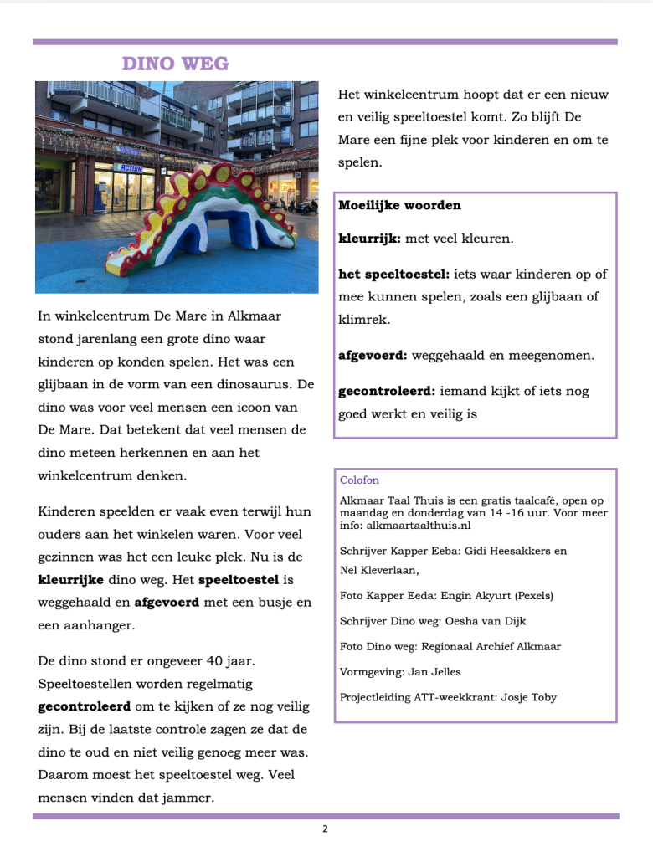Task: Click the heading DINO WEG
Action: click(175, 64)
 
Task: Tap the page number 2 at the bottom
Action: click(325, 829)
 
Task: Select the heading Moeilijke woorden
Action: click(399, 205)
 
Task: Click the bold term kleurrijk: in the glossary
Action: click(369, 239)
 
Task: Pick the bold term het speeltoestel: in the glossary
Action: click(393, 274)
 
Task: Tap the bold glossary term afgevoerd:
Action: click(373, 355)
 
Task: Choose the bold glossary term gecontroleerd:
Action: click(387, 391)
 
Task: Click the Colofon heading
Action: click(359, 480)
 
